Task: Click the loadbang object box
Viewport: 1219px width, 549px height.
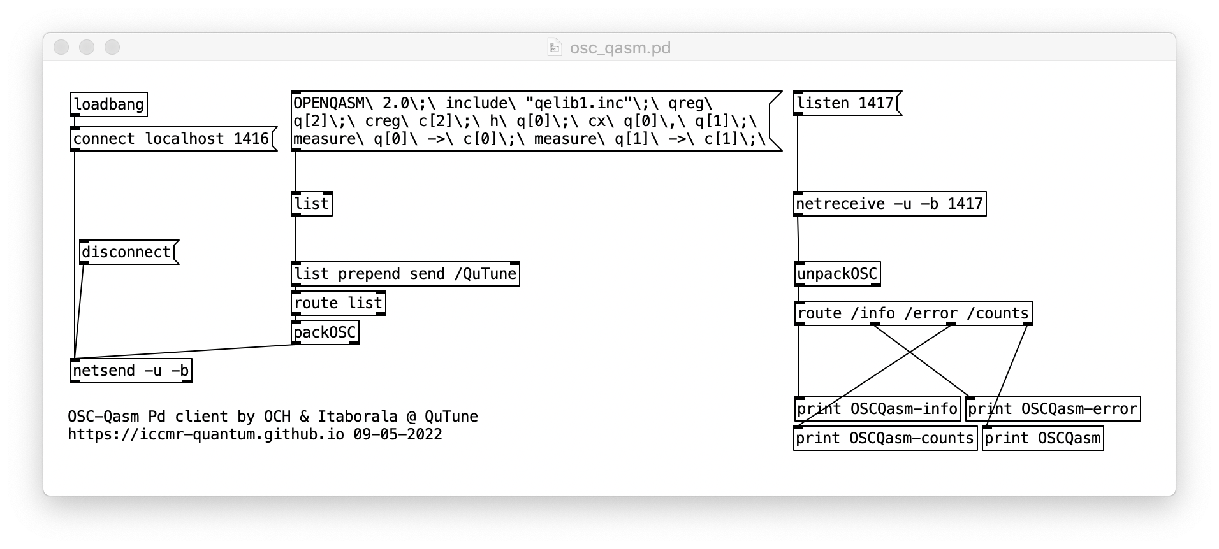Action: pyautogui.click(x=108, y=104)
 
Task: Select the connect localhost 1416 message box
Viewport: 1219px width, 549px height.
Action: pyautogui.click(x=171, y=139)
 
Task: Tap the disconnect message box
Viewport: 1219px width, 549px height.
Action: pyautogui.click(x=126, y=252)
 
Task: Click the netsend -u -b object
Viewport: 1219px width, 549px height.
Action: pyautogui.click(x=131, y=371)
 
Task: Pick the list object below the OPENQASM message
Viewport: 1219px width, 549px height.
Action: pyautogui.click(x=311, y=204)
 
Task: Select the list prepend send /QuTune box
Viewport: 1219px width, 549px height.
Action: pyautogui.click(x=405, y=274)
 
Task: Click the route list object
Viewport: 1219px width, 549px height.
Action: pyautogui.click(x=338, y=303)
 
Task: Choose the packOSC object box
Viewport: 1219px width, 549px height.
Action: pyautogui.click(x=325, y=332)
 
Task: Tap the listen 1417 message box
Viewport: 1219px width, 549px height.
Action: pyautogui.click(x=845, y=103)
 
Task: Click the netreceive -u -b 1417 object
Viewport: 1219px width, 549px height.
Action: pyautogui.click(x=889, y=204)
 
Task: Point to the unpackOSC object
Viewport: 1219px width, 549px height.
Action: pyautogui.click(x=837, y=274)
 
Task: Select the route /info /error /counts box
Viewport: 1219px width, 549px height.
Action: pyautogui.click(x=912, y=313)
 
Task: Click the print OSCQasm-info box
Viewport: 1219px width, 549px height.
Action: pyautogui.click(x=877, y=409)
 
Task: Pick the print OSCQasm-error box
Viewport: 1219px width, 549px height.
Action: pyautogui.click(x=1052, y=409)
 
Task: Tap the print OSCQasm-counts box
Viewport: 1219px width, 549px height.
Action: pyautogui.click(x=884, y=438)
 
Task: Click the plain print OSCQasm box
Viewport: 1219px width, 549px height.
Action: pyautogui.click(x=1042, y=438)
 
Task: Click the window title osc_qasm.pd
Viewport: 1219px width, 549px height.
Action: pyautogui.click(x=620, y=48)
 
